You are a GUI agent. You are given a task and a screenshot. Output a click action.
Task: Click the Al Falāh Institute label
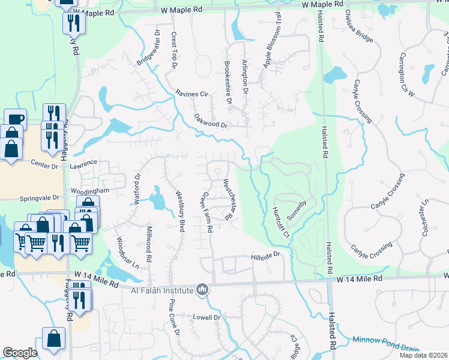pyautogui.click(x=163, y=291)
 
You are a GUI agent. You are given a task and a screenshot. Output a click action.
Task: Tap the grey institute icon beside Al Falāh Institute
pyautogui.click(x=203, y=290)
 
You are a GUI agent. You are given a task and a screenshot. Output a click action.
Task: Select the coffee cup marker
pyautogui.click(x=15, y=119)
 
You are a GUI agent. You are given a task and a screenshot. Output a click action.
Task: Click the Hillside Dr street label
pyautogui.click(x=265, y=256)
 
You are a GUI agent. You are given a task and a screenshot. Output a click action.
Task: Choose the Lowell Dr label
pyautogui.click(x=207, y=317)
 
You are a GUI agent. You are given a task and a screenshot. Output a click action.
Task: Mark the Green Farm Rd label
pyautogui.click(x=206, y=211)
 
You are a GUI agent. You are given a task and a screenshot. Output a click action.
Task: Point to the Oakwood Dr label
pyautogui.click(x=211, y=122)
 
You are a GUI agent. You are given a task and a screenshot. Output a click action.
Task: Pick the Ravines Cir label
pyautogui.click(x=191, y=94)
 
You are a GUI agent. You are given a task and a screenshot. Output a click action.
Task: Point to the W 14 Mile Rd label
pyautogui.click(x=359, y=279)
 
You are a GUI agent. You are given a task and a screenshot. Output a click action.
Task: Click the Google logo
pyautogui.click(x=20, y=352)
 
